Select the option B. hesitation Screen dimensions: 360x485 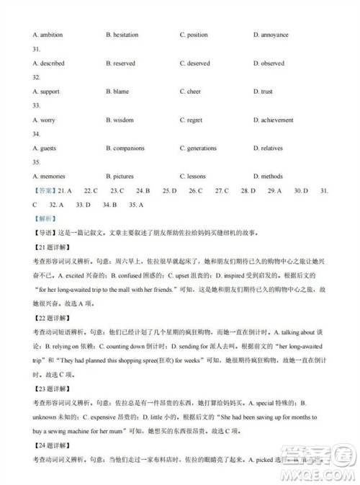pos(122,35)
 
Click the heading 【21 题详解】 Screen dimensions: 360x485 pos(51,247)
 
